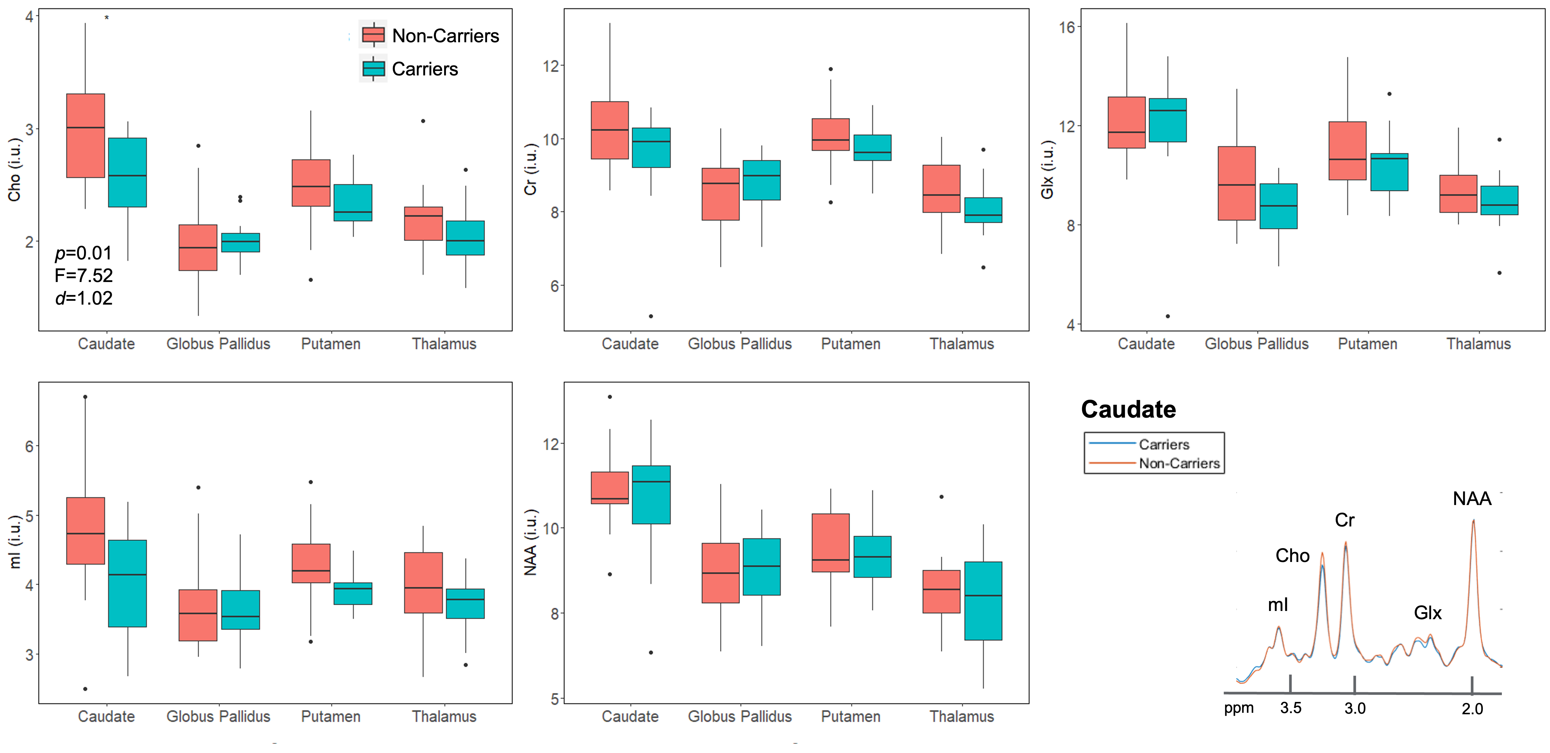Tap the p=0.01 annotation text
point(83,253)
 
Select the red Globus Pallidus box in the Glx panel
point(1236,183)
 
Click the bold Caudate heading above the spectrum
point(1128,410)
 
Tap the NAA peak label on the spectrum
point(1472,499)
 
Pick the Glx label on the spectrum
point(1427,613)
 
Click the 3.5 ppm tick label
point(1291,708)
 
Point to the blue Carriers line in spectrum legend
point(1112,443)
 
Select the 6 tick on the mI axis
point(29,446)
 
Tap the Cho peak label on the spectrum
point(1292,556)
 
